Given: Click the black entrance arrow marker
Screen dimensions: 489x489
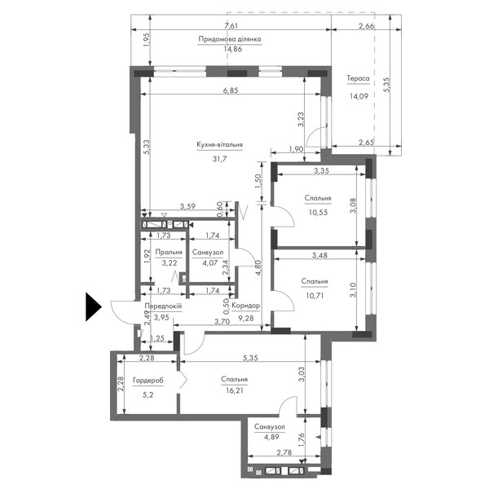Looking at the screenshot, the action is tap(94, 307).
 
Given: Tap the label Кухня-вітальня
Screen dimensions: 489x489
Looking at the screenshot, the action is tap(219, 145).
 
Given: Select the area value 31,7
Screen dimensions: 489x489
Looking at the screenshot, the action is tap(219, 159).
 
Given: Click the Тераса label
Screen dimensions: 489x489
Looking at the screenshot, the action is tap(358, 78).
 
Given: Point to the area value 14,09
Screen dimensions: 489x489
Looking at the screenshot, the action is tap(359, 96).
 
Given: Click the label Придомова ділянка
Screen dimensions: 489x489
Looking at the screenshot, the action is tap(230, 39).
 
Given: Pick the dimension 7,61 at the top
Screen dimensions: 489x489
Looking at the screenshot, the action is tap(231, 25).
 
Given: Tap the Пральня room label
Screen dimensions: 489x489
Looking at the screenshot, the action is tap(169, 252).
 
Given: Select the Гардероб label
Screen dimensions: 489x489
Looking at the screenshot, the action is tap(148, 381).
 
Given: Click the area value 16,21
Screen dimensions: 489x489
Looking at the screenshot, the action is tap(234, 390).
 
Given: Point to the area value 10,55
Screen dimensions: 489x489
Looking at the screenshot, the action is tap(318, 213).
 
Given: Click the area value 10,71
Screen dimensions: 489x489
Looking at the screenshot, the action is tap(315, 295).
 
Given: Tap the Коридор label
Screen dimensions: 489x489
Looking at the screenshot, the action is tap(246, 306).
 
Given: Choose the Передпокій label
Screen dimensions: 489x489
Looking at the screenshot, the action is tap(163, 306).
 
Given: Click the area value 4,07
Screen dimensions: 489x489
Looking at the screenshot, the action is tap(210, 263).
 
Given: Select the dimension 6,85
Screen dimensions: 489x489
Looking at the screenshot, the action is tap(231, 90).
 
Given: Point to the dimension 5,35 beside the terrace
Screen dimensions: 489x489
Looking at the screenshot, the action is tap(386, 85).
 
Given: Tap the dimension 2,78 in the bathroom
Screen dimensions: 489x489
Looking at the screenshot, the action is tap(284, 452).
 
